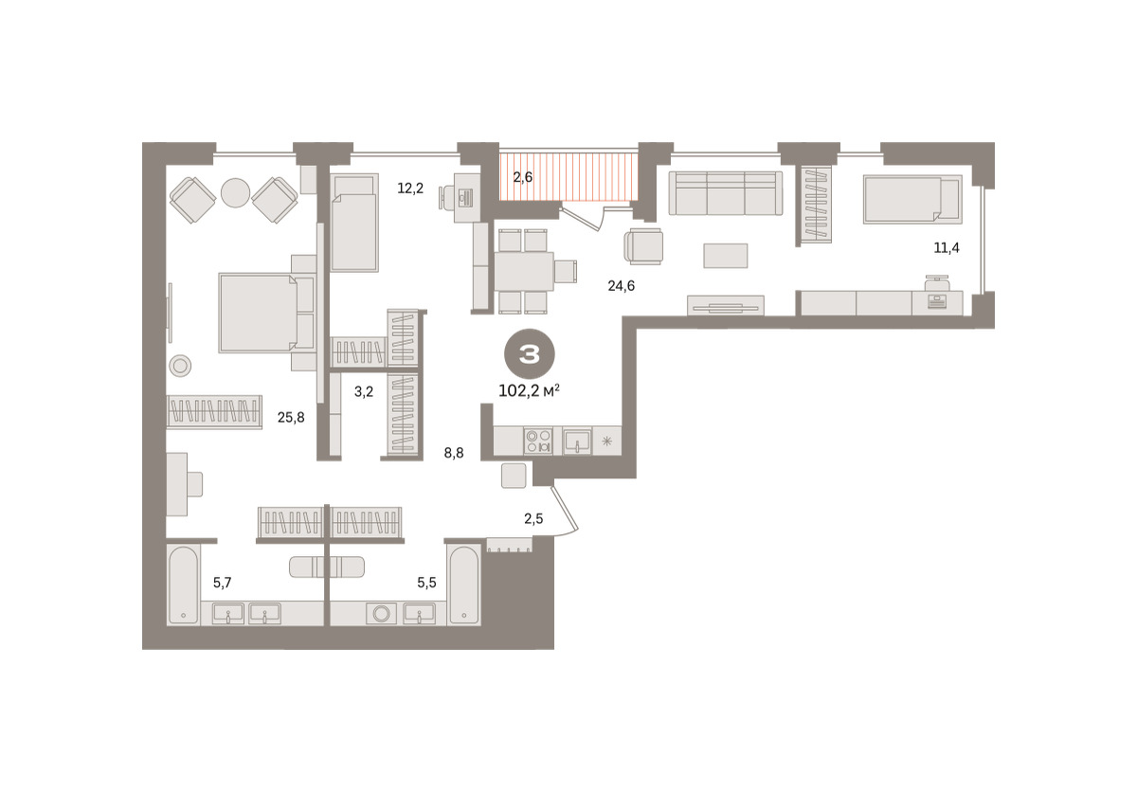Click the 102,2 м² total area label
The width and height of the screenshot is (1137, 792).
tap(529, 390)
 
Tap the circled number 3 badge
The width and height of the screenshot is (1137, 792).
tap(530, 354)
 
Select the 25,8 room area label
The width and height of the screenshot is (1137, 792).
tap(291, 417)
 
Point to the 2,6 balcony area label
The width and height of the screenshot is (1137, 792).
tap(523, 177)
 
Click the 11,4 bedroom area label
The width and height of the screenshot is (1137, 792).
tap(947, 247)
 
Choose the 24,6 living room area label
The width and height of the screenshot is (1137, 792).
tap(622, 286)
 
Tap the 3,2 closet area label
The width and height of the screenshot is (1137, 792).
tap(364, 391)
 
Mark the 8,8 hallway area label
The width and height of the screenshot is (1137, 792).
tap(454, 453)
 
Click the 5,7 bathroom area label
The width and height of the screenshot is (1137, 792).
tap(223, 583)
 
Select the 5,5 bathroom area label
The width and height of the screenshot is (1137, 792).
tap(427, 583)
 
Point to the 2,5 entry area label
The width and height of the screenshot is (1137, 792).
tap(533, 518)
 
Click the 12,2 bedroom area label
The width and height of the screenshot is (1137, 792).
tap(410, 189)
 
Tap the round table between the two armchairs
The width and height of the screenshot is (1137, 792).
tap(236, 193)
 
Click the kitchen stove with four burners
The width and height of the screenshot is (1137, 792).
tap(538, 441)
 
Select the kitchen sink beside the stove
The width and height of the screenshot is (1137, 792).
tap(577, 441)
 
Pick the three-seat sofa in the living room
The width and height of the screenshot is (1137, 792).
tap(726, 193)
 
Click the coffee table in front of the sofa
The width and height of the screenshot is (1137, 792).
tap(726, 255)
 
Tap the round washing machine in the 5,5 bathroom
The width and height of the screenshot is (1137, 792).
tap(381, 614)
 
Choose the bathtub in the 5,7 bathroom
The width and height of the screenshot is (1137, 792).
tap(183, 585)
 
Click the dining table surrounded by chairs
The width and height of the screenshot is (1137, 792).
tap(524, 271)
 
